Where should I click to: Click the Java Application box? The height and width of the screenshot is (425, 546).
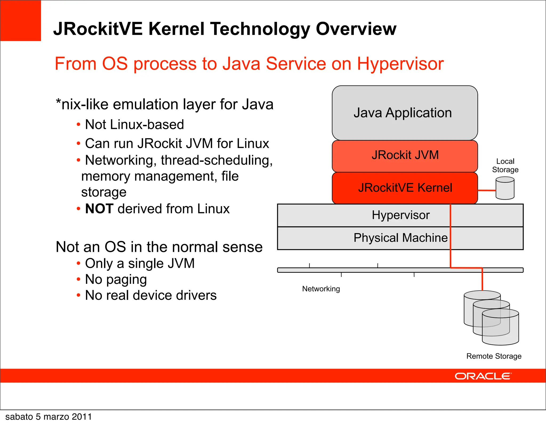pos(404,113)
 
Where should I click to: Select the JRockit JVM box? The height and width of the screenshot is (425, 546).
pos(404,156)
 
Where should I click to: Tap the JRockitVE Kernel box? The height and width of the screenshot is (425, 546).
pos(404,188)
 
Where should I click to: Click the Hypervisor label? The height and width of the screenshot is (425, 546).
pos(400,215)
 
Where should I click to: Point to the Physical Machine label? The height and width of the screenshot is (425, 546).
pos(400,238)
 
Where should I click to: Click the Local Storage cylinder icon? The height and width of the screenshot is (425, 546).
pos(505,189)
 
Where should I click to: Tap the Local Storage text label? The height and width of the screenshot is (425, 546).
pos(505,165)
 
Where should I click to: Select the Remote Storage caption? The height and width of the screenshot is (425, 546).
pos(494,356)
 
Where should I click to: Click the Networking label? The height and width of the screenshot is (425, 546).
pos(321,289)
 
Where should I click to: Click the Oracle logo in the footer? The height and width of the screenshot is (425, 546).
pos(483,376)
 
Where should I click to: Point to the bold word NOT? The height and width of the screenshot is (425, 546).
pos(99,209)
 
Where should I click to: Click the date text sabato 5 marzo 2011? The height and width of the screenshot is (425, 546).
pos(49,417)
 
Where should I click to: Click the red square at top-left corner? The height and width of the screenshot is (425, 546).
pos(21,21)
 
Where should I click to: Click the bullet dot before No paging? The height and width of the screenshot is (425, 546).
pos(78,280)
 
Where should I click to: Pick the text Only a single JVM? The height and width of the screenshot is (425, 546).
pos(140,264)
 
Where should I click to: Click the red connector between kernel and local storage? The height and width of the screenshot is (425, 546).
pos(487,190)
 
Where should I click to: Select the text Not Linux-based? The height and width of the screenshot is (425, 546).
pos(134,125)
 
